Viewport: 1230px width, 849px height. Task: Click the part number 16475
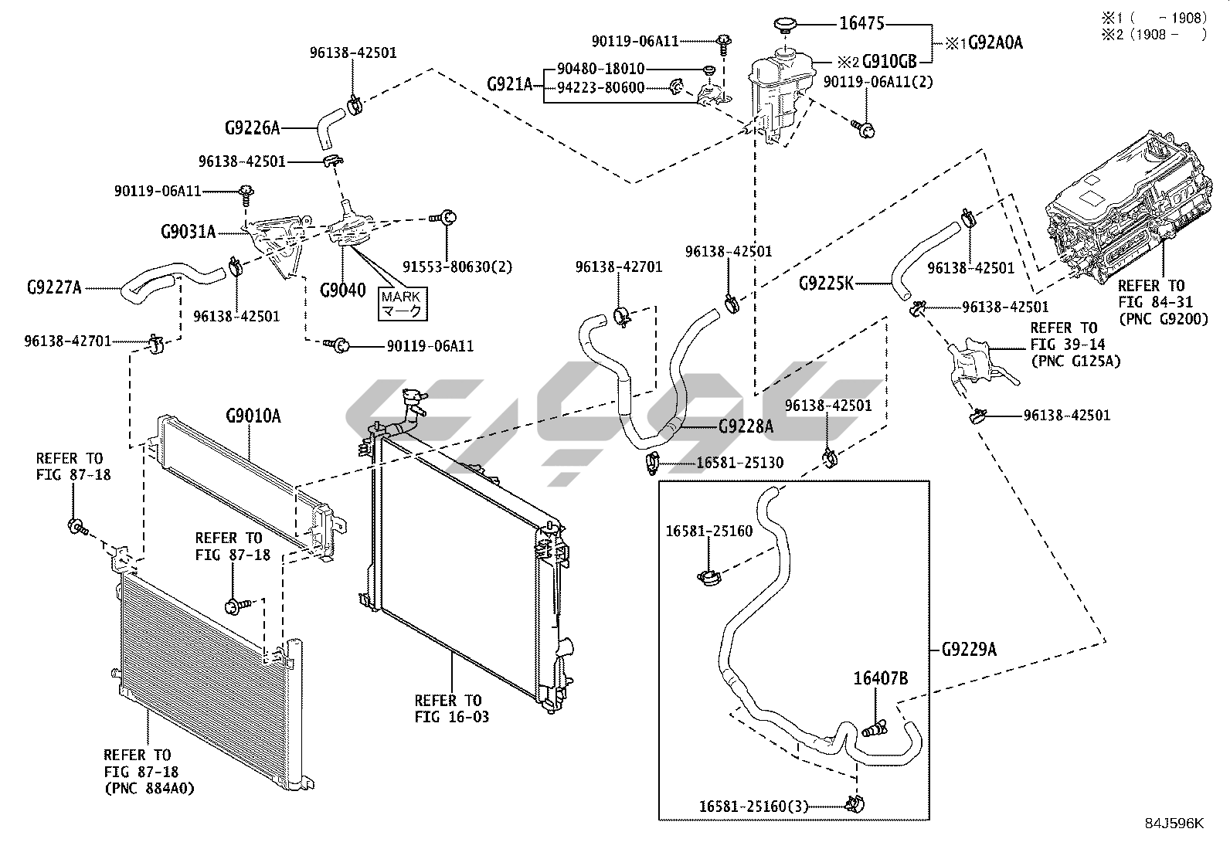(x=861, y=24)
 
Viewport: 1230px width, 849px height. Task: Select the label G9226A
(x=252, y=127)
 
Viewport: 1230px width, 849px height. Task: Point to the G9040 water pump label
(x=343, y=290)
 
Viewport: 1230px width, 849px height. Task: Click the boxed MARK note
(x=402, y=304)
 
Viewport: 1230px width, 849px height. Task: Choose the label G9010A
(x=253, y=417)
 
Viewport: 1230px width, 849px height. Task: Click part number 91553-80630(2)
(x=457, y=267)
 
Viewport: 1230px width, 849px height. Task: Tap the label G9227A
(x=54, y=288)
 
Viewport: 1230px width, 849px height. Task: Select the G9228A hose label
(x=746, y=426)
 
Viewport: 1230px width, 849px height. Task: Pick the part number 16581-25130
(x=739, y=463)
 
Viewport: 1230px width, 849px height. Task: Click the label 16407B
(x=880, y=679)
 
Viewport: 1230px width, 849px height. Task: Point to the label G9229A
(x=969, y=650)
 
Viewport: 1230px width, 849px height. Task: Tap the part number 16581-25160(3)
(x=753, y=807)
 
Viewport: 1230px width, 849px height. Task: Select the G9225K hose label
(x=826, y=284)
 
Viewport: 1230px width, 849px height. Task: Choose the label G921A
(x=510, y=83)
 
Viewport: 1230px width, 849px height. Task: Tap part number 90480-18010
(x=600, y=69)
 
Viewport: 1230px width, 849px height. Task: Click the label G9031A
(x=188, y=231)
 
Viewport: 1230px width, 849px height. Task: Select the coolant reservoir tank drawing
(x=776, y=93)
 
